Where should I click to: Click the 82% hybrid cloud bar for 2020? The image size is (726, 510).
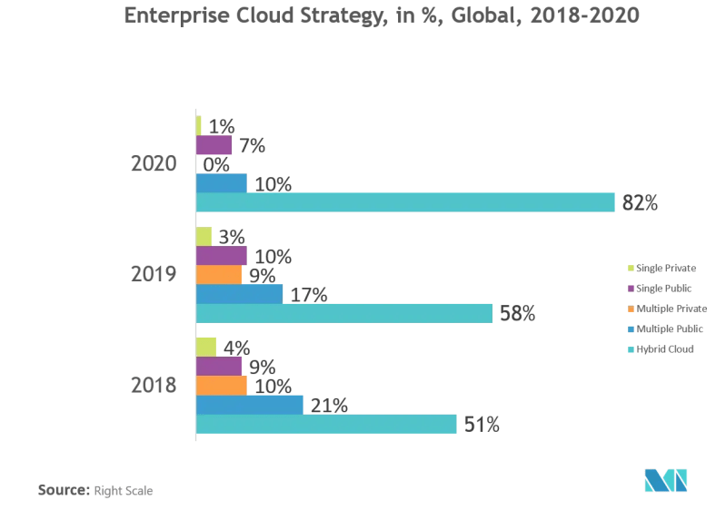[x=405, y=202]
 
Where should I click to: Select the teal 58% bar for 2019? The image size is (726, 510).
[x=343, y=313]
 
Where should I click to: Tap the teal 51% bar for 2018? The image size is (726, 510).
[x=326, y=424]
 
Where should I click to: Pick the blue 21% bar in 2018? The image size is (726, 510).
[x=249, y=404]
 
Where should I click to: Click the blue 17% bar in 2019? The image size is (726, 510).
[x=239, y=294]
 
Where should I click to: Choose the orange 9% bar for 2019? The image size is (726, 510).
[x=218, y=274]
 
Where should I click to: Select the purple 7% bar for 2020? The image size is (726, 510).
[x=214, y=145]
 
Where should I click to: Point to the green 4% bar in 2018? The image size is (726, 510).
[x=205, y=347]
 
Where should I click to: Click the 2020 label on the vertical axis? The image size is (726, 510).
[x=153, y=164]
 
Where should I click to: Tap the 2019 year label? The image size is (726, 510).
[x=153, y=274]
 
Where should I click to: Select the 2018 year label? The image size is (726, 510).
[x=153, y=385]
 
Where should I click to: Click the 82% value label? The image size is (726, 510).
[x=640, y=203]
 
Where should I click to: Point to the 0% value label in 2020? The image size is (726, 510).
[x=215, y=165]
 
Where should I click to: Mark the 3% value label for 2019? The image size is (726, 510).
[x=232, y=237]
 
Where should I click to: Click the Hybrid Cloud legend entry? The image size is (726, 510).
[x=664, y=348]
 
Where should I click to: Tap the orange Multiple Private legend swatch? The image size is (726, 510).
[x=631, y=309]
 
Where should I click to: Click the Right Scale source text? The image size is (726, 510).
[x=123, y=491]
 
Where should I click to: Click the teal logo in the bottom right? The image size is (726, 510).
[x=665, y=480]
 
